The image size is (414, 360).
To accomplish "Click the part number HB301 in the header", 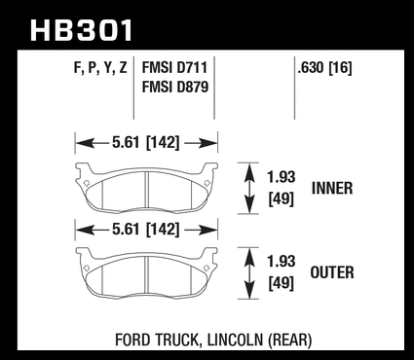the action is (x=82, y=30).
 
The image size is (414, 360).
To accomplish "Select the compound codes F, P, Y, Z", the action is (x=100, y=68).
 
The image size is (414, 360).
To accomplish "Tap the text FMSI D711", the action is (x=174, y=68).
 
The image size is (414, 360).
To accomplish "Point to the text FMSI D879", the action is (x=175, y=87).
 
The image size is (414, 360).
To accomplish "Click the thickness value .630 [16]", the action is (x=324, y=68).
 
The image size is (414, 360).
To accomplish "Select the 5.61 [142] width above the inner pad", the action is (x=146, y=142).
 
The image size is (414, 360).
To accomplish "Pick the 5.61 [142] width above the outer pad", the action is (x=146, y=229).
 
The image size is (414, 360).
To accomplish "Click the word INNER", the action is (x=332, y=188).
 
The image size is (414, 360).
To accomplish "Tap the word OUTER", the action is (x=332, y=272).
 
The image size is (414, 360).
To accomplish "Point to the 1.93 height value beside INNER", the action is (x=282, y=177).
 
